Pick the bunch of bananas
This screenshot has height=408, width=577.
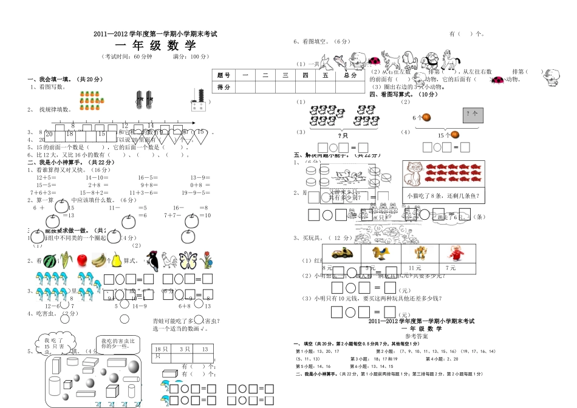click(98, 260)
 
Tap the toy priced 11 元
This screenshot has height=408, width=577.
click(415, 253)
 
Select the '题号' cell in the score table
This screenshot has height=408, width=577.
click(224, 75)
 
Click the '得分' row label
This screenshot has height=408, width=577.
click(224, 87)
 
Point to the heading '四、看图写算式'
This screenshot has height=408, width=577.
click(403, 94)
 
